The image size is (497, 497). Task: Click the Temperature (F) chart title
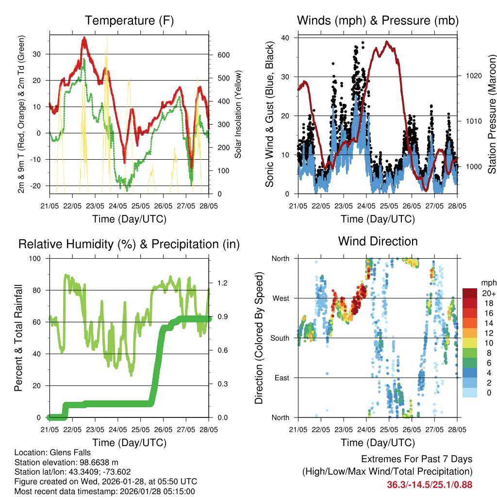point(129,21)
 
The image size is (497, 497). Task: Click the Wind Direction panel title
point(378,241)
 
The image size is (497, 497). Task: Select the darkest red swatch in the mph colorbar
point(470,293)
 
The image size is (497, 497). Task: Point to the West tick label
point(280,298)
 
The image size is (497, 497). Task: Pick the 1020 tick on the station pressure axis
point(470,76)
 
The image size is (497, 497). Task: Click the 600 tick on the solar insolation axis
point(223,55)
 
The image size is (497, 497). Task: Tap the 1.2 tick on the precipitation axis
point(222,282)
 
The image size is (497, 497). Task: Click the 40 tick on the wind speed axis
point(285,38)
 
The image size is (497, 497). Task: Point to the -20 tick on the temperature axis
point(36,186)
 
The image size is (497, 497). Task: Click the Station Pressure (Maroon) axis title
point(491,114)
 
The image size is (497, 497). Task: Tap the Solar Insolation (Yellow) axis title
point(238,115)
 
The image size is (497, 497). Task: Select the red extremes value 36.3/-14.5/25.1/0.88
point(430,484)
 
